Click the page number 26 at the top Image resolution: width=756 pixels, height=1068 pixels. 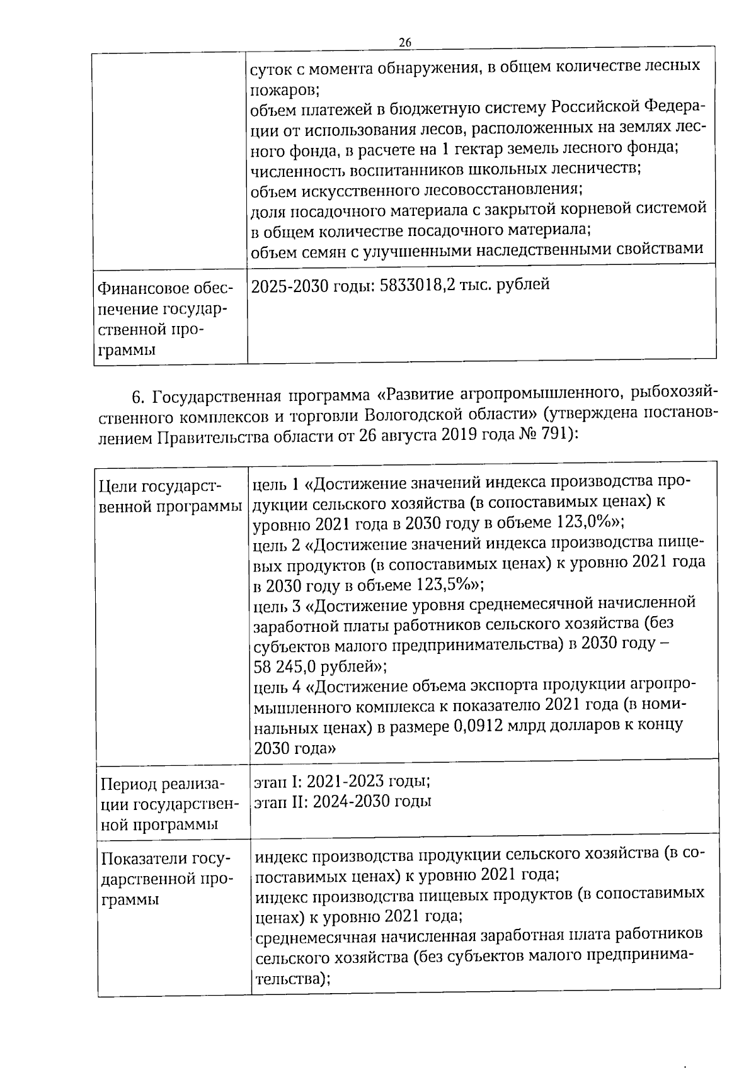click(404, 42)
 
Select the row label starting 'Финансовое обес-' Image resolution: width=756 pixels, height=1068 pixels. click(164, 289)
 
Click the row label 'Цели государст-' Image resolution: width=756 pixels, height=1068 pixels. click(161, 486)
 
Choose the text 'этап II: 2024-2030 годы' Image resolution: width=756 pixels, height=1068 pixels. click(342, 801)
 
